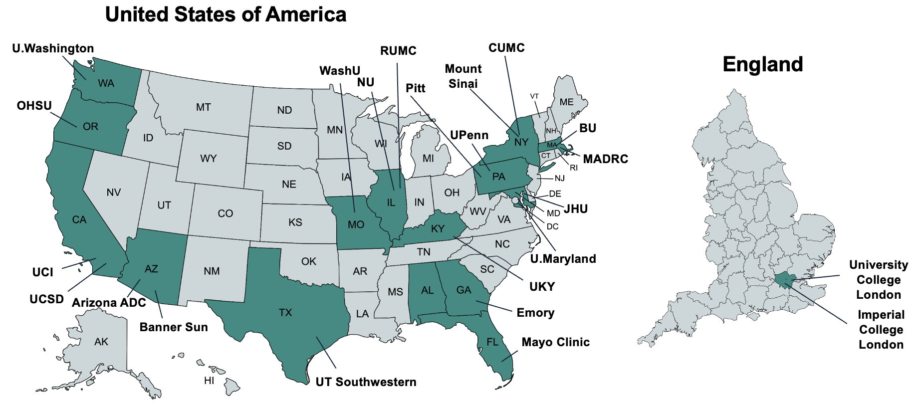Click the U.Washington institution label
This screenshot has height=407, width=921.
tap(53, 48)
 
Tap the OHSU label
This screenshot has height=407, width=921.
tap(34, 106)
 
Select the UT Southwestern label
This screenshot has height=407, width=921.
tap(366, 382)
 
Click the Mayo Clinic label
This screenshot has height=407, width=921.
tap(555, 342)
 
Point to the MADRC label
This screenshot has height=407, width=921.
tap(605, 159)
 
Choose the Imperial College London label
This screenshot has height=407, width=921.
tap(881, 330)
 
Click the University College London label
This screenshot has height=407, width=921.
tap(878, 280)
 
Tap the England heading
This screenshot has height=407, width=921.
tap(762, 64)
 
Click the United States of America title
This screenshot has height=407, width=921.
tap(226, 14)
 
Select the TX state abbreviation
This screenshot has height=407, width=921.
tap(285, 313)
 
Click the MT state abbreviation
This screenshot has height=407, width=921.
tap(203, 107)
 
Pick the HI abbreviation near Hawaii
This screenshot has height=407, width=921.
tap(209, 381)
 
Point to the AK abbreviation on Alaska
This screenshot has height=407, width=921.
tap(101, 342)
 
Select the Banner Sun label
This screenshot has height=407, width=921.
tap(174, 327)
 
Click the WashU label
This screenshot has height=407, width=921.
tap(340, 71)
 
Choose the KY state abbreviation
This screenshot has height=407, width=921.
tap(438, 228)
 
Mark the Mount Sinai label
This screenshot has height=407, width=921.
tap(463, 76)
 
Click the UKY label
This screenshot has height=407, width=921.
tap(542, 287)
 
